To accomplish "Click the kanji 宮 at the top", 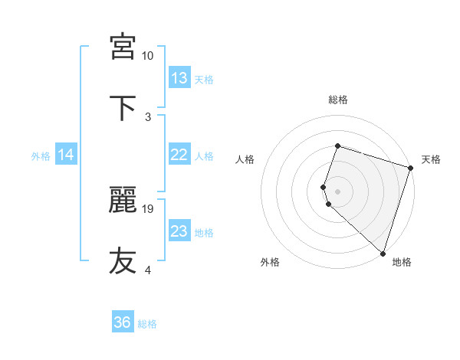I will coord(123,47).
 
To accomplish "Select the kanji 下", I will coord(123,106).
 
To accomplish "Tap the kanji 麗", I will coord(123,201).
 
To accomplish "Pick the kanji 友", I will coord(123,260).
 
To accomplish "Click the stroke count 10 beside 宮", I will coord(148,56).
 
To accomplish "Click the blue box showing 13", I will coord(179,78).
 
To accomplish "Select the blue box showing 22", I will coord(179,155).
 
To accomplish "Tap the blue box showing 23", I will coord(179,231).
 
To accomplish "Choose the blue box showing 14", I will coord(66,155).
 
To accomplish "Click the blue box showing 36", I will coord(123,322).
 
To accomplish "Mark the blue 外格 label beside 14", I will coord(41,156).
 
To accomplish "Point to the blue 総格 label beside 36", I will coord(147,324).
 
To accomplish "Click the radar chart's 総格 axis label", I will coord(338,100).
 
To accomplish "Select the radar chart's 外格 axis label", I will coord(270,262).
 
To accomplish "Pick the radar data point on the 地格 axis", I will coord(383,253).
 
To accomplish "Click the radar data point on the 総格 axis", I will coord(337,146).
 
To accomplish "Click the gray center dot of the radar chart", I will coord(337,191).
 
